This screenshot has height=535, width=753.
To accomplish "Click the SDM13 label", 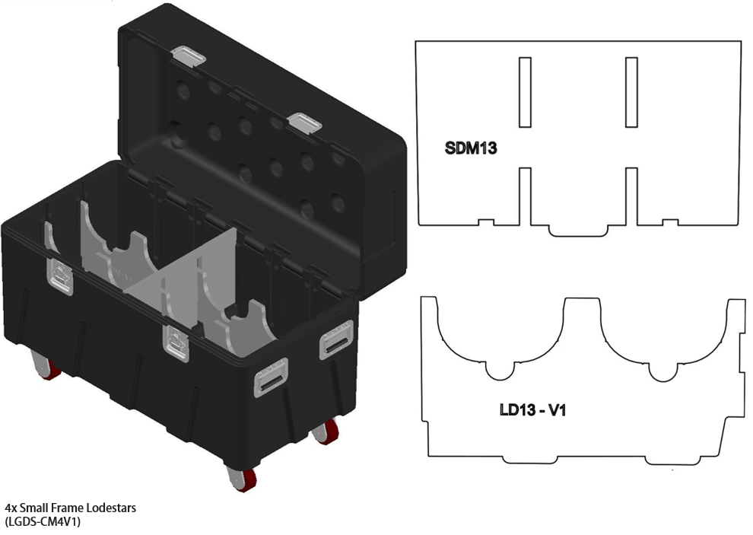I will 471,148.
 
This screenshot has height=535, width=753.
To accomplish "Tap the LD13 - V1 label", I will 532,411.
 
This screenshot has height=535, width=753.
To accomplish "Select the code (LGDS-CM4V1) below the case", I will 43,521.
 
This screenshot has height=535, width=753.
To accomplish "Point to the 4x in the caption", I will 10,508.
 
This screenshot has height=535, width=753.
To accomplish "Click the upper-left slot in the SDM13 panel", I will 525,92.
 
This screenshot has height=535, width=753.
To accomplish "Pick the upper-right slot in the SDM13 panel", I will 631,92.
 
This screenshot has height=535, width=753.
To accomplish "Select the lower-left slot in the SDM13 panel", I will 525,196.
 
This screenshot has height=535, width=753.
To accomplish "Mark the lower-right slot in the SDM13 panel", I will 631,196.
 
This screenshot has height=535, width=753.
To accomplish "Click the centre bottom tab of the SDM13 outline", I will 578,230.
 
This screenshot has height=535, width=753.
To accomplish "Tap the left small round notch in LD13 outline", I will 499,371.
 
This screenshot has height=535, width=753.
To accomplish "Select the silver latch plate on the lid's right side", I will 306,123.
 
